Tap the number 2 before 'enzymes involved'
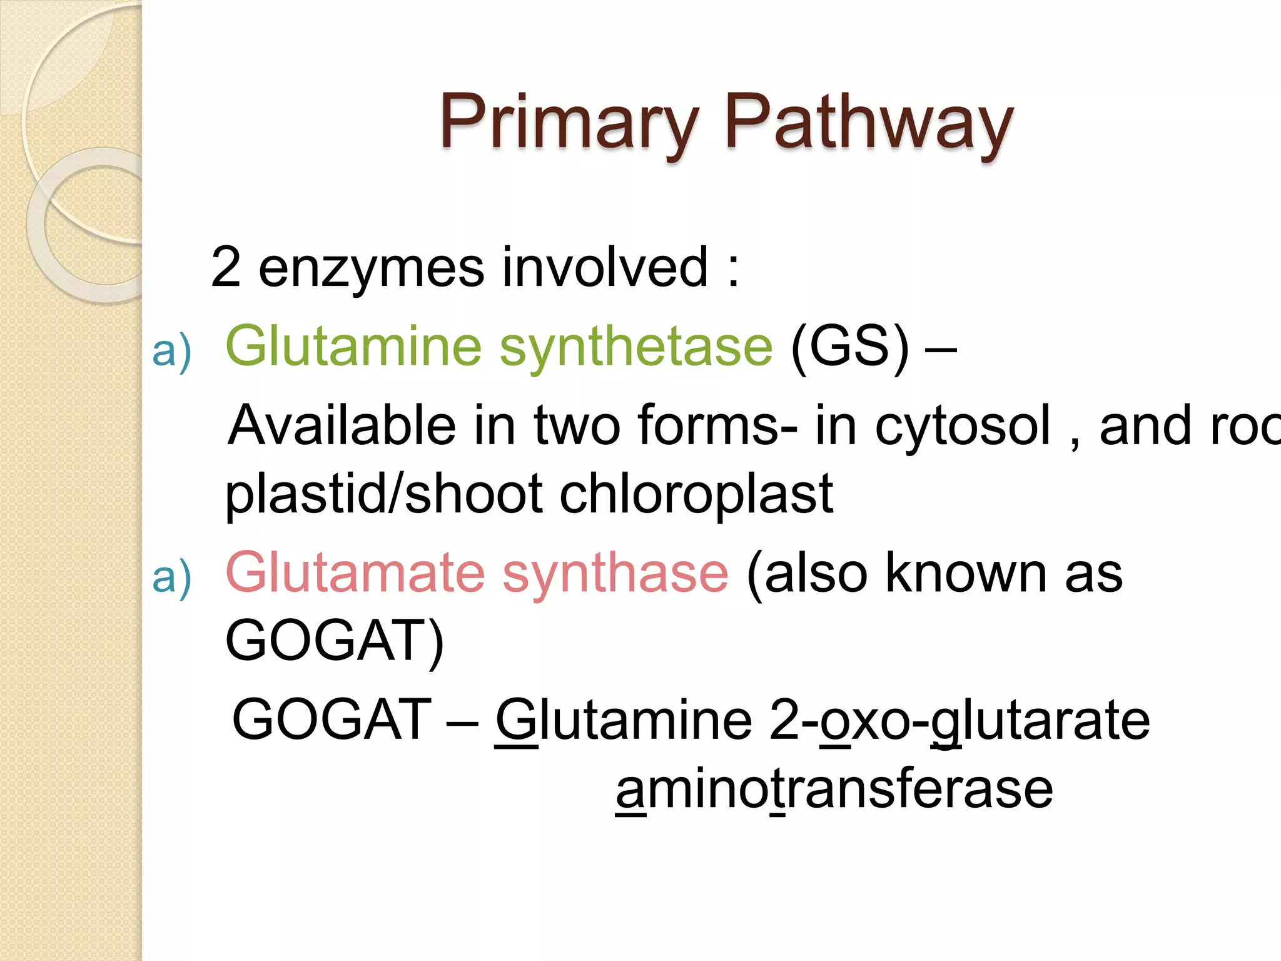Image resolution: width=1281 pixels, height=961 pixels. click(x=226, y=268)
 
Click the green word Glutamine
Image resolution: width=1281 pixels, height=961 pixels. click(x=353, y=347)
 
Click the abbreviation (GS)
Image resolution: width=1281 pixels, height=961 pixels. click(x=849, y=347)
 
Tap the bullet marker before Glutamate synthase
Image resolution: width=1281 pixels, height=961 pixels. click(x=171, y=577)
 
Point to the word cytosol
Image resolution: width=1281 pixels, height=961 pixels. click(x=963, y=426)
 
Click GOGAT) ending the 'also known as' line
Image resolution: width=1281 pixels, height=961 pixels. click(x=334, y=641)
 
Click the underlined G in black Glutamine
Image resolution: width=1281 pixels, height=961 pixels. click(x=516, y=721)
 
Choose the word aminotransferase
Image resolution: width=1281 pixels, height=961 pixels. click(x=834, y=790)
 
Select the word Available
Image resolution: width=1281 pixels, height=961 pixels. click(x=342, y=426)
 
